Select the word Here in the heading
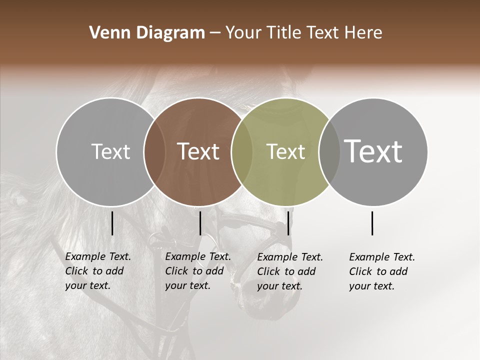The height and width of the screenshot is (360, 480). click(x=365, y=33)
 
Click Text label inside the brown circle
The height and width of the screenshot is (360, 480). click(x=198, y=151)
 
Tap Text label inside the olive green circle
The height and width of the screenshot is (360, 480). click(x=285, y=151)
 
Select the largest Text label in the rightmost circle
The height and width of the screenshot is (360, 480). click(x=373, y=151)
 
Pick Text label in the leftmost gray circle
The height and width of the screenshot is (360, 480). click(x=110, y=151)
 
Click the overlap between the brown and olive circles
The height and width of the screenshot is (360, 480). click(x=242, y=152)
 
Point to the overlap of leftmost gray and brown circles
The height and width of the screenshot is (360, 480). click(x=154, y=152)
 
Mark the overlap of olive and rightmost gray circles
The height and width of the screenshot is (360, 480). click(x=329, y=152)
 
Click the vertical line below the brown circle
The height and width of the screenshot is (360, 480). click(x=200, y=223)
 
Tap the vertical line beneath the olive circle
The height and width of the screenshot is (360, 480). click(x=288, y=223)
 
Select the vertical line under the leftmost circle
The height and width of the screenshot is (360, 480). click(x=112, y=223)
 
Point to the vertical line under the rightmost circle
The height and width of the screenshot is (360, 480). click(x=372, y=223)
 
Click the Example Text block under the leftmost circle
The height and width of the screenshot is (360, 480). click(x=98, y=271)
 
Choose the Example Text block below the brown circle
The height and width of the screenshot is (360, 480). click(x=198, y=271)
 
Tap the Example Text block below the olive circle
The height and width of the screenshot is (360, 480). click(x=290, y=271)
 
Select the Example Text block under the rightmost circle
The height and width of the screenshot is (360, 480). click(x=382, y=271)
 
